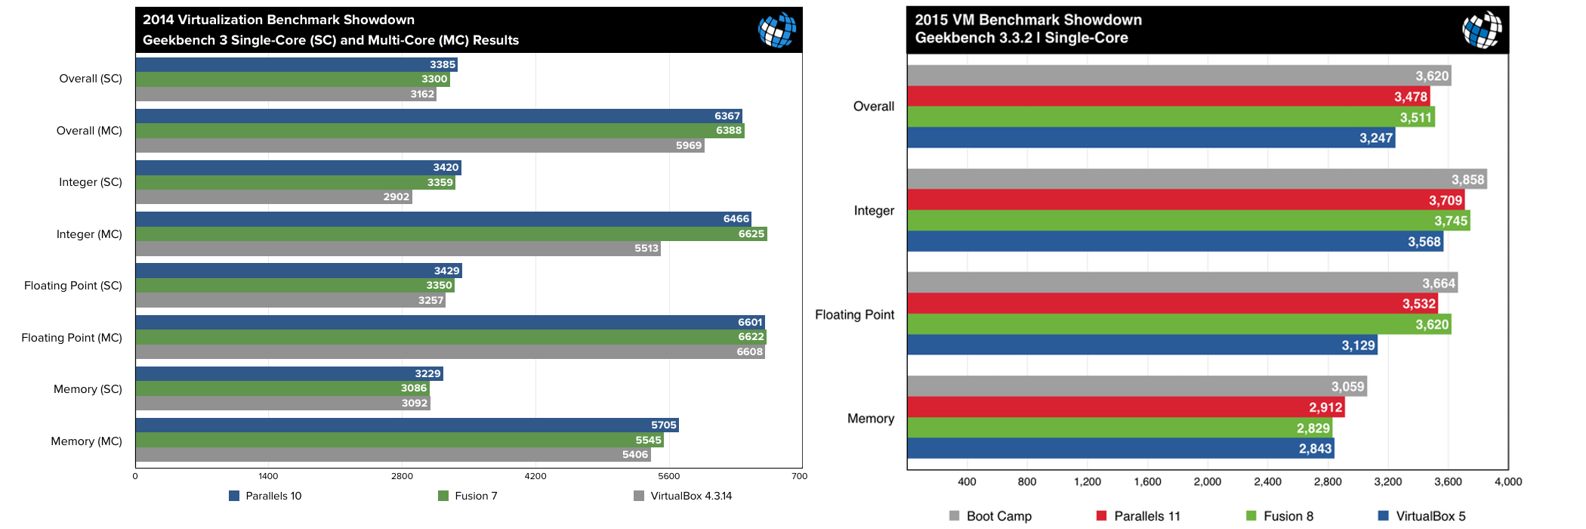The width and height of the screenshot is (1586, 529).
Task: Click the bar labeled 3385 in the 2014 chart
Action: point(296,64)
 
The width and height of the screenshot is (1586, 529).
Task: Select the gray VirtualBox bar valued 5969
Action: point(419,145)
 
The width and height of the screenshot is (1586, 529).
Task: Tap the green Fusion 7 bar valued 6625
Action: point(451,234)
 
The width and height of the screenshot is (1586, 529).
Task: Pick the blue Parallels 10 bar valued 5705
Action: point(406,425)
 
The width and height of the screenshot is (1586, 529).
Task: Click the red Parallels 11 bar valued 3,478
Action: point(1168,96)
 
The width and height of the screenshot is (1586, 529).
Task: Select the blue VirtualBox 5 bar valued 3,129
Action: point(1141,345)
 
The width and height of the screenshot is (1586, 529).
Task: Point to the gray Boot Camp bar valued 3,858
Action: point(1196,179)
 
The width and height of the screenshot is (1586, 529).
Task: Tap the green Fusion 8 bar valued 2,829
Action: point(1119,428)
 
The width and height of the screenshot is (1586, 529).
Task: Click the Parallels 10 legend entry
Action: point(265,496)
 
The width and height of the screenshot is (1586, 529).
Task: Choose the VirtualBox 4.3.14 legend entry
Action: point(683,496)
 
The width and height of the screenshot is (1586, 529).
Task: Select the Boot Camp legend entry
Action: point(990,516)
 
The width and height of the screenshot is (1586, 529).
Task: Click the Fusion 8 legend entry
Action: point(1280,516)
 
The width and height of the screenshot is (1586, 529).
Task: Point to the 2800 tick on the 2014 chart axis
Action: point(402,476)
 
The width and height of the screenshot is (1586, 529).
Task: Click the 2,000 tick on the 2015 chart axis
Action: point(1207,481)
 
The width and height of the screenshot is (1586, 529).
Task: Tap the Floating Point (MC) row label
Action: point(72,338)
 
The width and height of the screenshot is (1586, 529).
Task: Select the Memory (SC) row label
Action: point(88,389)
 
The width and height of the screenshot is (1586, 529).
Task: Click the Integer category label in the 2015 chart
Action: point(874,211)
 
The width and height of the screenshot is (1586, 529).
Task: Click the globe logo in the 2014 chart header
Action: point(777,29)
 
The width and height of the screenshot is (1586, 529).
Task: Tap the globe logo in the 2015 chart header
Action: point(1482,29)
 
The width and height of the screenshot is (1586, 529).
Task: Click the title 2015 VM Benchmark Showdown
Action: point(1028,20)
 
